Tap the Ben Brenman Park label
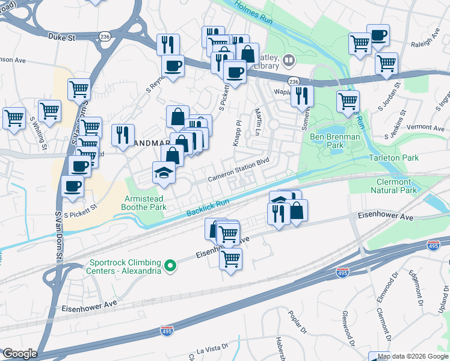pos(334,141)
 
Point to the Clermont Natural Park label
pos(393,186)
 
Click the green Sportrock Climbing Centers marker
pos(170,265)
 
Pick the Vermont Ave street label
pos(425,128)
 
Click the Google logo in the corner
pos(20,354)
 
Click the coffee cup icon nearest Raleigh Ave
pos(378,35)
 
